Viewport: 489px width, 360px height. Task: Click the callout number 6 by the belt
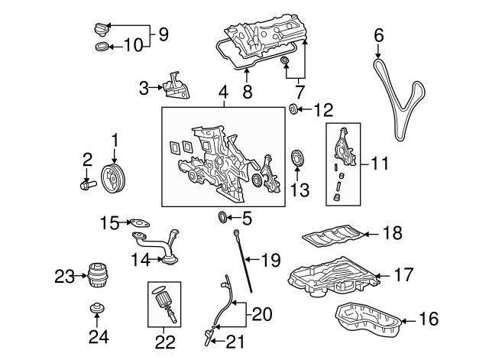[379, 34]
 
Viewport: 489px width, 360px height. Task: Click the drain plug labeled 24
[96, 310]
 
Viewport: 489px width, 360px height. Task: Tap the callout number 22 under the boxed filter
[165, 341]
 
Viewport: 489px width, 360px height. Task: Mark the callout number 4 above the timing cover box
[223, 94]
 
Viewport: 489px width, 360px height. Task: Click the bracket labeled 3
[175, 87]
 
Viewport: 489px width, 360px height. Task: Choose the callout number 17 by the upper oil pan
[403, 274]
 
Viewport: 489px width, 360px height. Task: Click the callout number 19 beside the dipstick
[272, 261]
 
